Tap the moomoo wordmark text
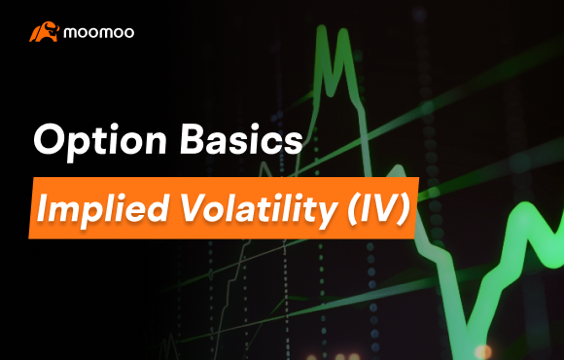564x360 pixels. [x=99, y=33]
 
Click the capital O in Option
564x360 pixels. [x=48, y=140]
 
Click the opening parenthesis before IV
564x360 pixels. [x=340, y=207]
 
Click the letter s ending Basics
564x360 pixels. [x=289, y=143]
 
